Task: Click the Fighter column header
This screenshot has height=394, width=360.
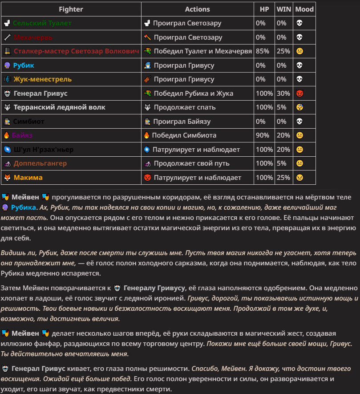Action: [71, 9]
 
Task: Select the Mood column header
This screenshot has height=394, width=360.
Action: [304, 9]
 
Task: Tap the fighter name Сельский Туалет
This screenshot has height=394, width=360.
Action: [42, 23]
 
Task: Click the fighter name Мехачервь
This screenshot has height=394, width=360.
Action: [33, 37]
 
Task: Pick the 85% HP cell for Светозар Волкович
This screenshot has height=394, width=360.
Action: [263, 51]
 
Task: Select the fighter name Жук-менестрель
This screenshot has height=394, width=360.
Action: [42, 79]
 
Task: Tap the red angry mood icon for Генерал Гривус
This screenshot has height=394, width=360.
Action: [299, 93]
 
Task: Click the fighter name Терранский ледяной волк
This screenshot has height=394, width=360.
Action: [59, 107]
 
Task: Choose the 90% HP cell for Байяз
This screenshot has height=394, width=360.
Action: [263, 135]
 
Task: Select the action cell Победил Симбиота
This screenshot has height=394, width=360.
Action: [184, 135]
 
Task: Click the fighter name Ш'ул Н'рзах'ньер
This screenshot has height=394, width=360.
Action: [44, 150]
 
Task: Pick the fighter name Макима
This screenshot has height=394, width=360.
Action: [28, 178]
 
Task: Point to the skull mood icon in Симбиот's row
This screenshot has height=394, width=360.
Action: [299, 122]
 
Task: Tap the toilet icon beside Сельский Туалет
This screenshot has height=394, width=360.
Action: [7, 23]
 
